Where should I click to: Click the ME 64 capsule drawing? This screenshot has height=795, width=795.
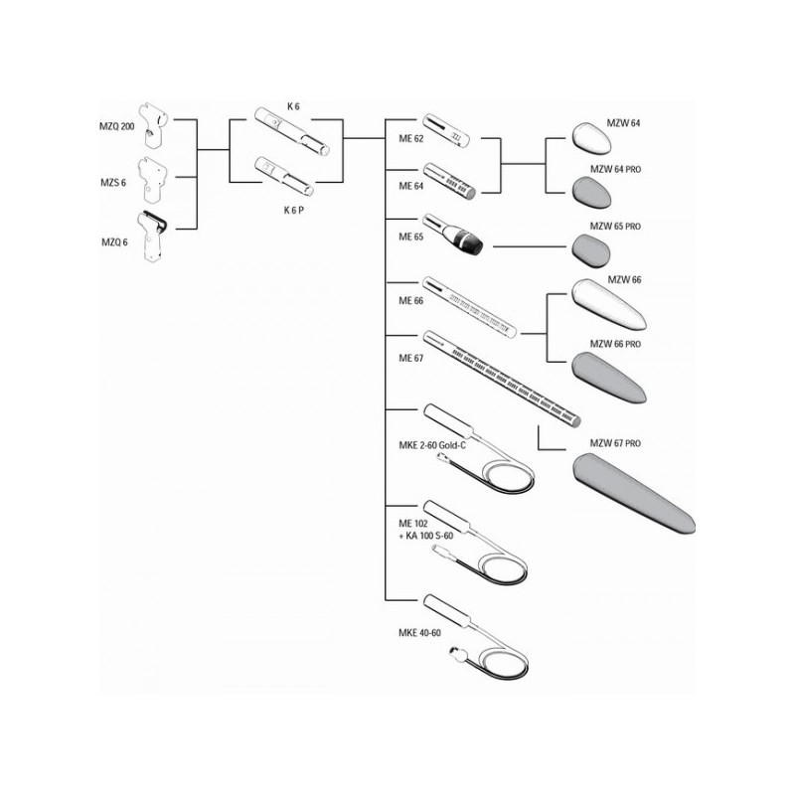[x=451, y=180]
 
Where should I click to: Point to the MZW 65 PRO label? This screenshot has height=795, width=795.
[x=620, y=227]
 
